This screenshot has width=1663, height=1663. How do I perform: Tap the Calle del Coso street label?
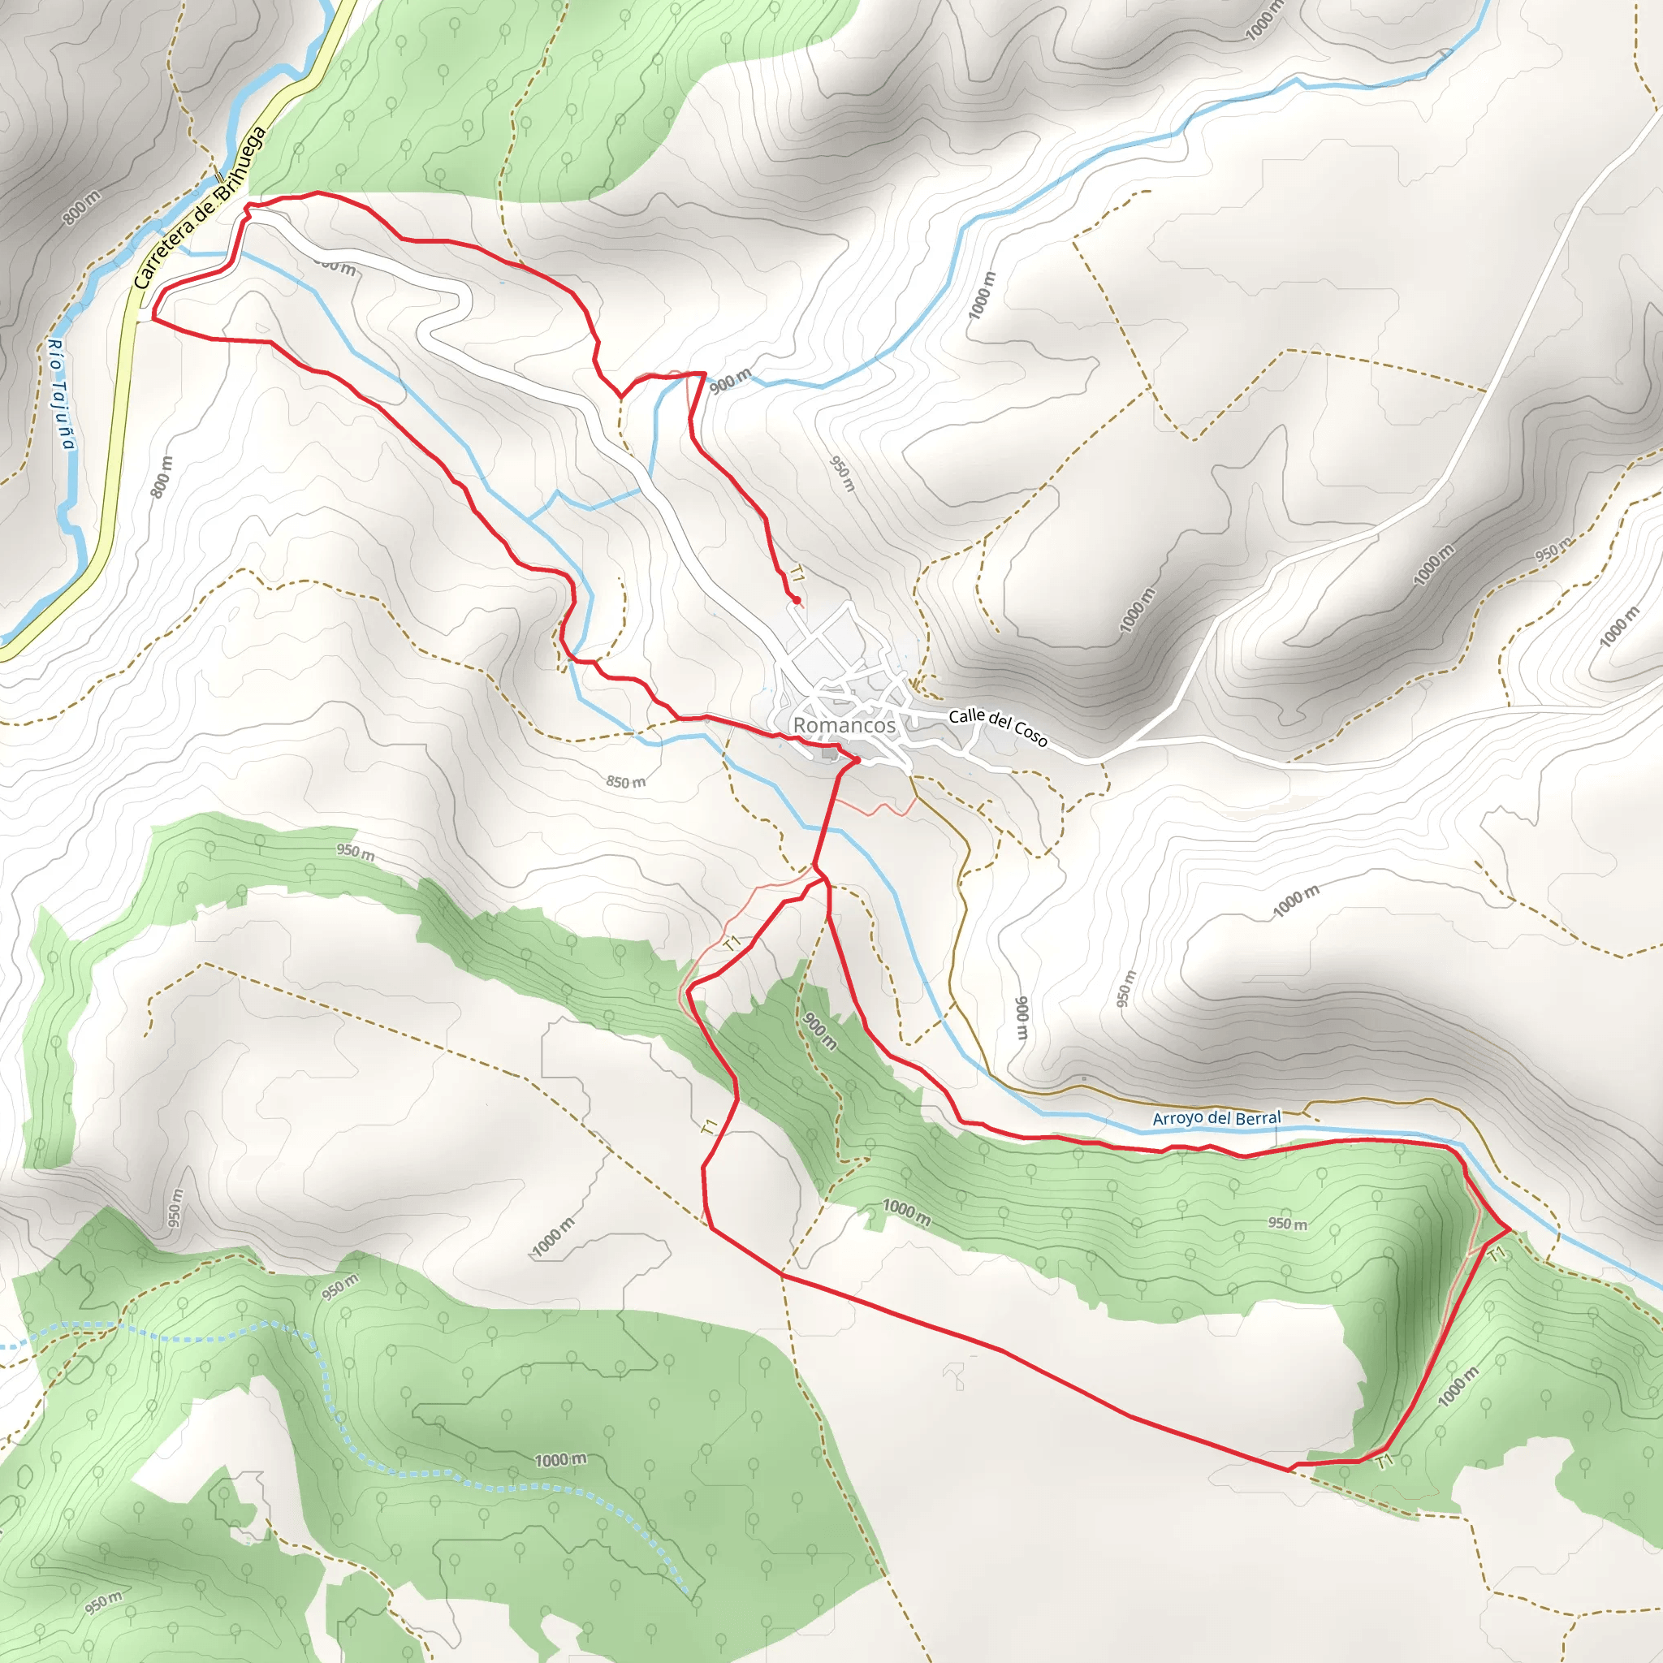coord(998,728)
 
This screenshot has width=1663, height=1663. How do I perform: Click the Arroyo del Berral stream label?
coord(1216,1118)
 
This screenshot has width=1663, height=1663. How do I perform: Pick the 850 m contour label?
coord(626,783)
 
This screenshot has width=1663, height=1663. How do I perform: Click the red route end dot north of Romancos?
coord(797,600)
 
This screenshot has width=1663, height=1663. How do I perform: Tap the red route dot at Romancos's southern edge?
coord(857,760)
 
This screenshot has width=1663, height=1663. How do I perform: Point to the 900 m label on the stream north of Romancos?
coord(731,381)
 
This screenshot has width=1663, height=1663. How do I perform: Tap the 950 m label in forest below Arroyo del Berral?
coord(1287,1223)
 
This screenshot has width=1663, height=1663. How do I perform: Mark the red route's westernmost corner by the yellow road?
coord(153,318)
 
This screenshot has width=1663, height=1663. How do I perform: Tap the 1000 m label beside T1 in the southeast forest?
coord(1458,1387)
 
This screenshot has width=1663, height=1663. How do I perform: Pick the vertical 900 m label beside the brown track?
coord(1022,1017)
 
